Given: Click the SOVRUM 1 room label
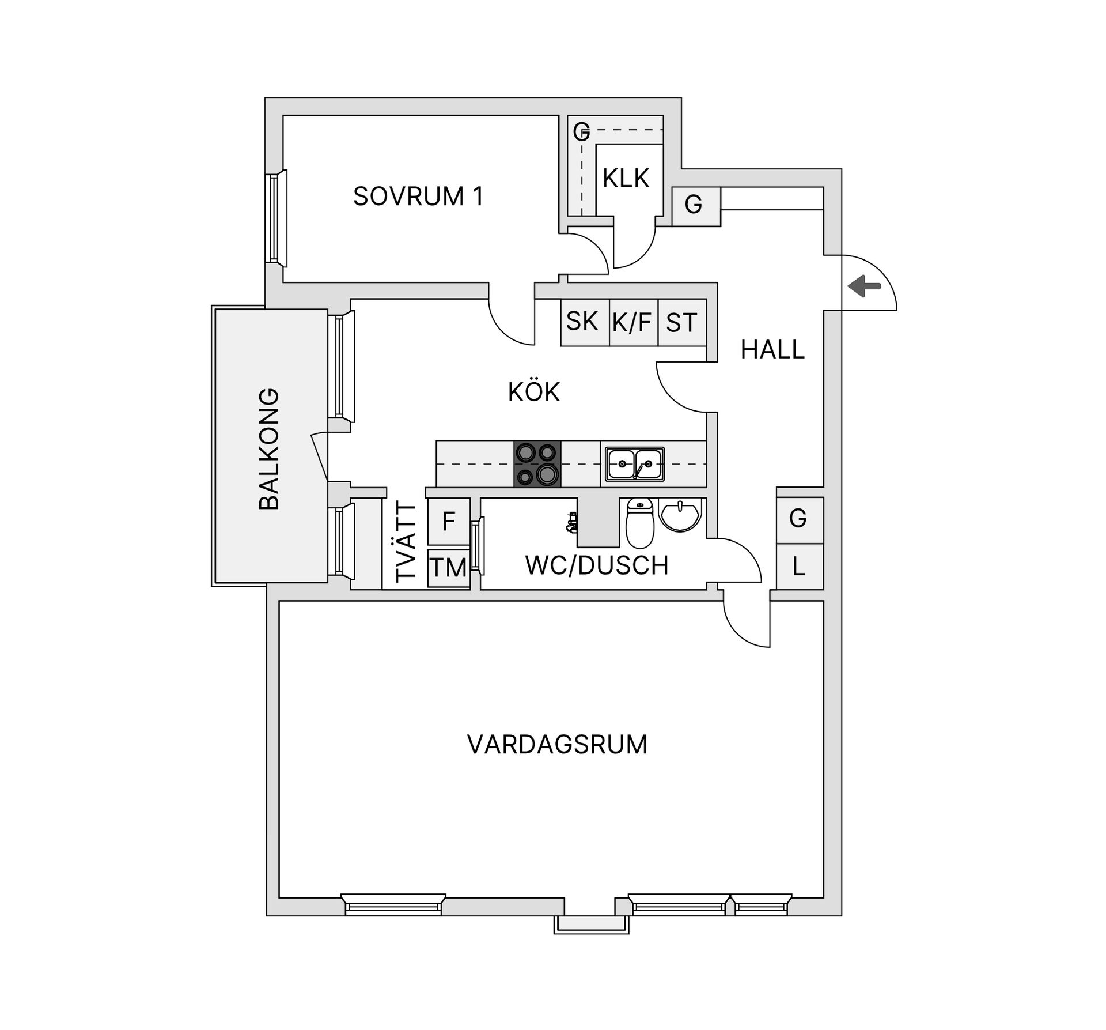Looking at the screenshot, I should click(418, 197).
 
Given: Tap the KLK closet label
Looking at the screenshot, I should click(626, 178).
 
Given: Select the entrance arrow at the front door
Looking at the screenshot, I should click(865, 286).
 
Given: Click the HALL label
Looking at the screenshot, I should click(772, 350).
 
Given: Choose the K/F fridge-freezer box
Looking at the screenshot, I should click(632, 322).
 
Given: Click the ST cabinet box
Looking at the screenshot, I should click(682, 322).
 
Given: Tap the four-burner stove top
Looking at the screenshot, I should click(537, 463).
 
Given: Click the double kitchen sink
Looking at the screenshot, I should click(634, 464).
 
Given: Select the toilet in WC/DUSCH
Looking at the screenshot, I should click(639, 523).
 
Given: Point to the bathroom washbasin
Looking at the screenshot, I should click(680, 514).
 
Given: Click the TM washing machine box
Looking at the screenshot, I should click(449, 568).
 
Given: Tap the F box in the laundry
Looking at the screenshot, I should click(449, 521).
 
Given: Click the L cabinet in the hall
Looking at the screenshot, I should click(799, 567).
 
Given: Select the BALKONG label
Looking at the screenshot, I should click(269, 449).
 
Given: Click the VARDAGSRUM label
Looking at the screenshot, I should click(557, 745).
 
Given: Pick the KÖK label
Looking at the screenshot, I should click(533, 393).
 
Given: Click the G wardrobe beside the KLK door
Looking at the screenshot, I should click(695, 205).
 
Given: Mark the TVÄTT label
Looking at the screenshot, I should click(406, 543).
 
